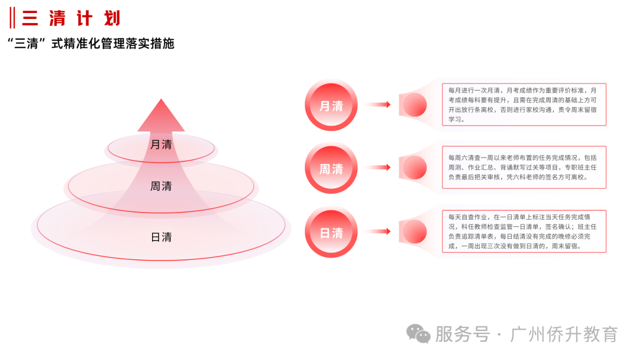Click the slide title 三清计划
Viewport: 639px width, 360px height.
pos(72,18)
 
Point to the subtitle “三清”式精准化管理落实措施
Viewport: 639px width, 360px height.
pos(91,43)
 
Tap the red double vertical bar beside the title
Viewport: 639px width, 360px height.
pos(12,18)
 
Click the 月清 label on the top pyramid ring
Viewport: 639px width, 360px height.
pos(161,144)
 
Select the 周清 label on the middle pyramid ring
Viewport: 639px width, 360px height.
pos(161,187)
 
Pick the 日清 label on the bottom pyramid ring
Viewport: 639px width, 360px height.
pos(161,237)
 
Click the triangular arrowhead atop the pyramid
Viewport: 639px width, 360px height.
pos(161,115)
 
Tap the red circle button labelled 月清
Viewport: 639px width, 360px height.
pos(331,105)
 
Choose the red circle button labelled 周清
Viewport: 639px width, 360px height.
pos(331,168)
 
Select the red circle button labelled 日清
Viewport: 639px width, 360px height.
pos(331,232)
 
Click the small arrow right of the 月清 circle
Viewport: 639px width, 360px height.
pos(377,104)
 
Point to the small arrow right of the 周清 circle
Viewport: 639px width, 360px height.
pos(377,167)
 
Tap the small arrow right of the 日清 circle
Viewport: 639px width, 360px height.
pos(377,231)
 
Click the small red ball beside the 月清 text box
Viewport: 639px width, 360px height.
pos(415,105)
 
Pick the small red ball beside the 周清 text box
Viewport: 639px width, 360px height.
pos(415,168)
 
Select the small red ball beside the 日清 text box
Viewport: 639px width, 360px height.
pos(415,232)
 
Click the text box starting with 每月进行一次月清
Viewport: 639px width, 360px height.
pos(524,105)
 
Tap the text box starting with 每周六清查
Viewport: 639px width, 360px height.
pos(524,167)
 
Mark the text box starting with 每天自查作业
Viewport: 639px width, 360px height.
pos(524,232)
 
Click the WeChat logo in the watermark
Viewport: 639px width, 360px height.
pos(418,334)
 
